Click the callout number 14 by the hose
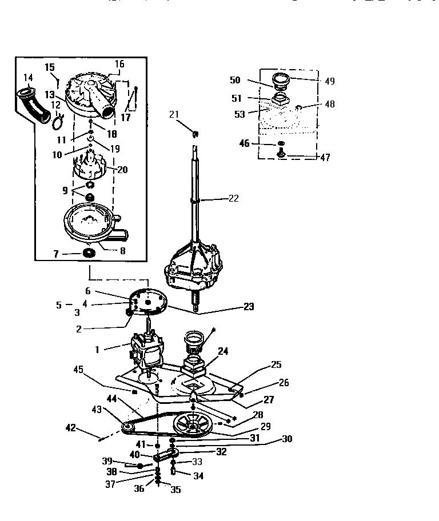click(28, 77)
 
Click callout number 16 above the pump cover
click(119, 63)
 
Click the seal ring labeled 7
click(89, 253)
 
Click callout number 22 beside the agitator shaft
click(233, 199)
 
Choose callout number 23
click(249, 307)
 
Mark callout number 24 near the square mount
click(224, 352)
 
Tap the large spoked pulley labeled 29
click(191, 426)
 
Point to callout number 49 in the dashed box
click(329, 81)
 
